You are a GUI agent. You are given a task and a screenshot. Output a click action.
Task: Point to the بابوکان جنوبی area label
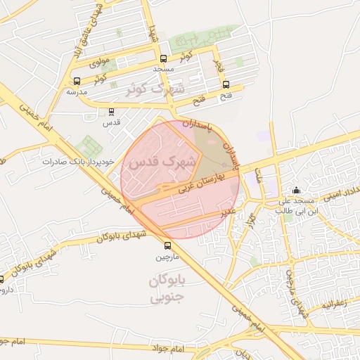tap(167, 290)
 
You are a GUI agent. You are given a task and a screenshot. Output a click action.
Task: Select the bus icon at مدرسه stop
tap(77, 80)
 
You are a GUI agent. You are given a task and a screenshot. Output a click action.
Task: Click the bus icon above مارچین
tap(167, 245)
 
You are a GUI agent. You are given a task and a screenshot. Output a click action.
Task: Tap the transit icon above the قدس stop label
tap(112, 111)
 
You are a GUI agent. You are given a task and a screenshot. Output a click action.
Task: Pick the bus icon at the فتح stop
tap(225, 85)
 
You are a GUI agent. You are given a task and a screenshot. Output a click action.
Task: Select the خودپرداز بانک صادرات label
tap(77, 162)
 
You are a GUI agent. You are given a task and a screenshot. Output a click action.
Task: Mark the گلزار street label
tap(251, 220)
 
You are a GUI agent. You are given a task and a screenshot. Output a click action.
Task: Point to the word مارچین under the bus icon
tap(167, 257)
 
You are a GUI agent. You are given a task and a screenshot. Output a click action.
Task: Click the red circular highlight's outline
tap(121, 180)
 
